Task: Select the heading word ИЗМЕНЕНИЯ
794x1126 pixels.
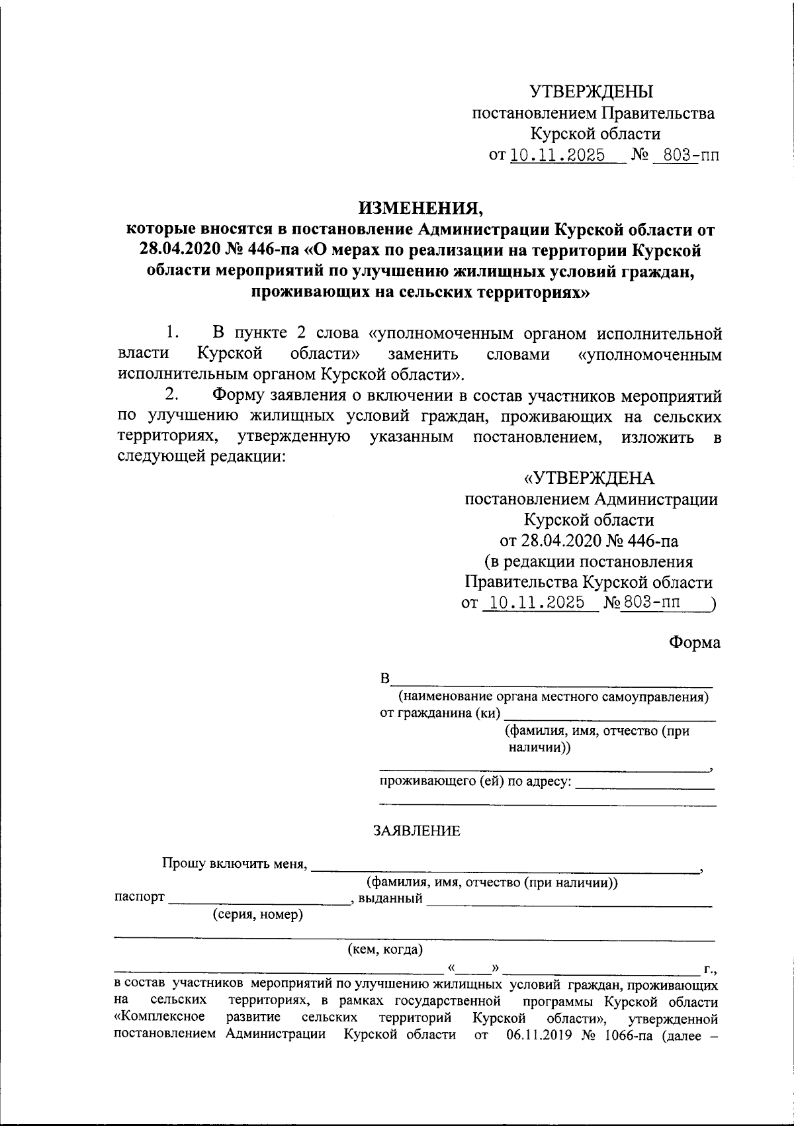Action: pos(421,209)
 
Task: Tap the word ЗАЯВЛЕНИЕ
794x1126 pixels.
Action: pos(417,831)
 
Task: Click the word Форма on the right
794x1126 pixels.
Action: pos(695,643)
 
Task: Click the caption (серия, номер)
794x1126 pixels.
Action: pos(257,915)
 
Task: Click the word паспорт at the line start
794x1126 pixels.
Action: pos(139,898)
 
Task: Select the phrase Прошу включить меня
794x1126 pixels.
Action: pos(234,864)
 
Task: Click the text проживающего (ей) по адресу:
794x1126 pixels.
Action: pos(475,782)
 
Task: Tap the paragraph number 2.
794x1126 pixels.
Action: pos(171,395)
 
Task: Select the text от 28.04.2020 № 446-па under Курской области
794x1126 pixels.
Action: pos(589,541)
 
